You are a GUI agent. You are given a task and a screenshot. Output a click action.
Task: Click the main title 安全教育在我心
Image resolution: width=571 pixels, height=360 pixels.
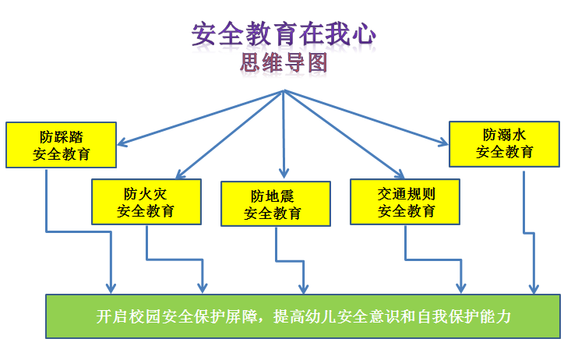click(284, 35)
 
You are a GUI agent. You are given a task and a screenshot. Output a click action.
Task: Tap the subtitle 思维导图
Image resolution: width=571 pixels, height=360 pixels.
click(284, 63)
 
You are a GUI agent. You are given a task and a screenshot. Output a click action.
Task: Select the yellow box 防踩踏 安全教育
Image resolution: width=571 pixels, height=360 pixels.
click(62, 144)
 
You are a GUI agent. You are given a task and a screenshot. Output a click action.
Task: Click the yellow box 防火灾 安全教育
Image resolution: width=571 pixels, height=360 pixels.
click(146, 201)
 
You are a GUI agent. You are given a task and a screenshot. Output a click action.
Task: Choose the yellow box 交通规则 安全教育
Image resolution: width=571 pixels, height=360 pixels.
click(405, 201)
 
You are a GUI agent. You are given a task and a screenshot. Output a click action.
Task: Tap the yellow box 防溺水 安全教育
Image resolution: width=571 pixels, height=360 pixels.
click(505, 143)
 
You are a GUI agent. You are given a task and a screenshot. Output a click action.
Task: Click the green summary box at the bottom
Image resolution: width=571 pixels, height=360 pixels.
click(303, 316)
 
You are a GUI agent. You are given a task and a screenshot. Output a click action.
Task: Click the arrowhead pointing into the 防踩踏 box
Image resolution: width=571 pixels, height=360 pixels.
click(122, 143)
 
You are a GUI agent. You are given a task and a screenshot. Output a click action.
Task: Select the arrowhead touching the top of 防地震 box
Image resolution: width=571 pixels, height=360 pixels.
click(284, 174)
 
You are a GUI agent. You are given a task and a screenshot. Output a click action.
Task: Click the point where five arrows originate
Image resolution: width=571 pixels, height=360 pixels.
click(284, 90)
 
